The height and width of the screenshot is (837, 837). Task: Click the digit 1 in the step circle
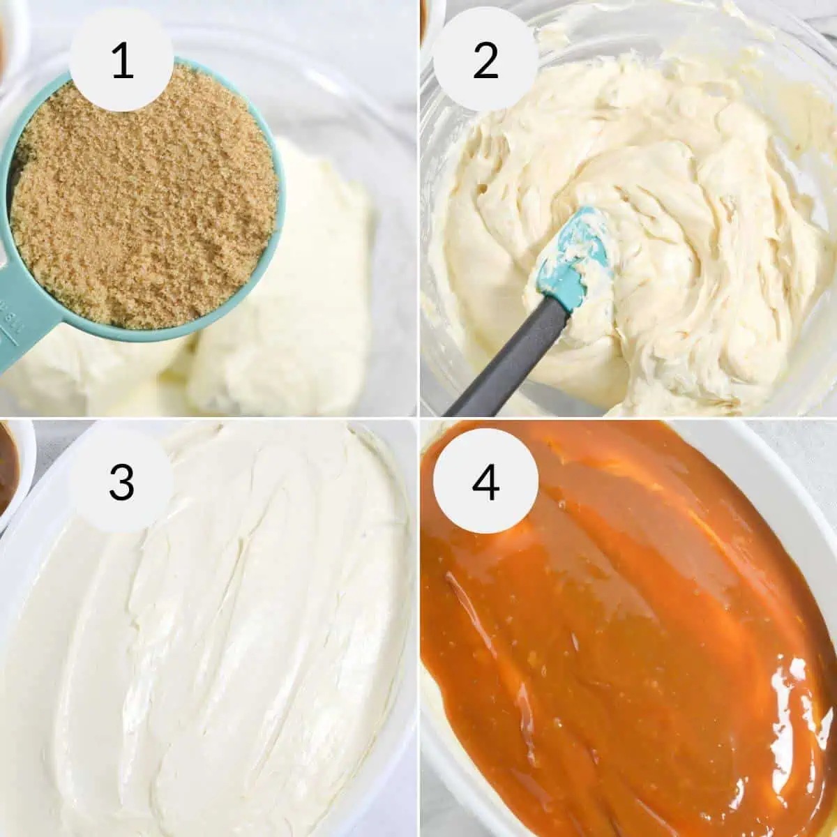[122, 61]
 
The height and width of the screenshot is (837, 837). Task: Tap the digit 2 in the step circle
[485, 61]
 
